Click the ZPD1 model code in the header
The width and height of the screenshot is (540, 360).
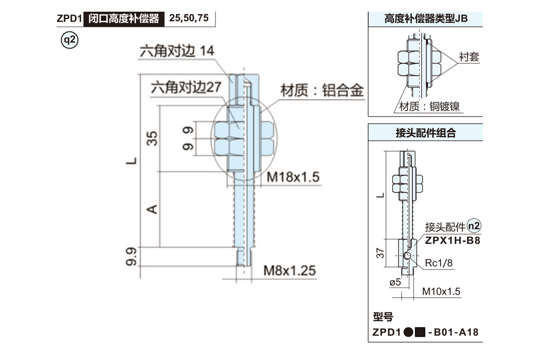[68, 19]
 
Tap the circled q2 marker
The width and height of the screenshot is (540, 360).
[70, 40]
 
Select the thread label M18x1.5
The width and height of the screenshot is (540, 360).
[292, 177]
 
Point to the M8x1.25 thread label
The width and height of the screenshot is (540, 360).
[289, 270]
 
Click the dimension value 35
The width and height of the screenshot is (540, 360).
[153, 139]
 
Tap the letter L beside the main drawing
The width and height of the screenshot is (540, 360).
[131, 161]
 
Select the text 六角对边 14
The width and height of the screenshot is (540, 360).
[176, 51]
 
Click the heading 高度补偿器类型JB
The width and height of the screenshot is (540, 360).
[426, 19]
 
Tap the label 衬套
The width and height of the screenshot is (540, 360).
[469, 57]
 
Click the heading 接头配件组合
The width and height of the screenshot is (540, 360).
[426, 133]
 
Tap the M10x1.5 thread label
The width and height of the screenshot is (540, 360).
[441, 292]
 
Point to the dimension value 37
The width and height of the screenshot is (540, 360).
[381, 254]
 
